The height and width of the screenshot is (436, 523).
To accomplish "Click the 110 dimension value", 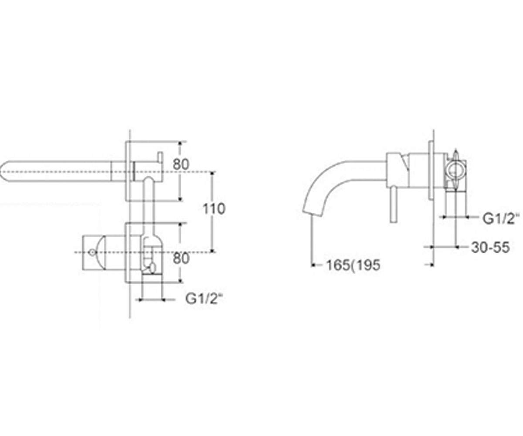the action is click(x=214, y=209).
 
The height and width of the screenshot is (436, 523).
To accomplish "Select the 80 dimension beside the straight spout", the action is click(x=181, y=164).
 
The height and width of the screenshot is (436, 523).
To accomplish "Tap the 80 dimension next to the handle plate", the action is click(x=181, y=259).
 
